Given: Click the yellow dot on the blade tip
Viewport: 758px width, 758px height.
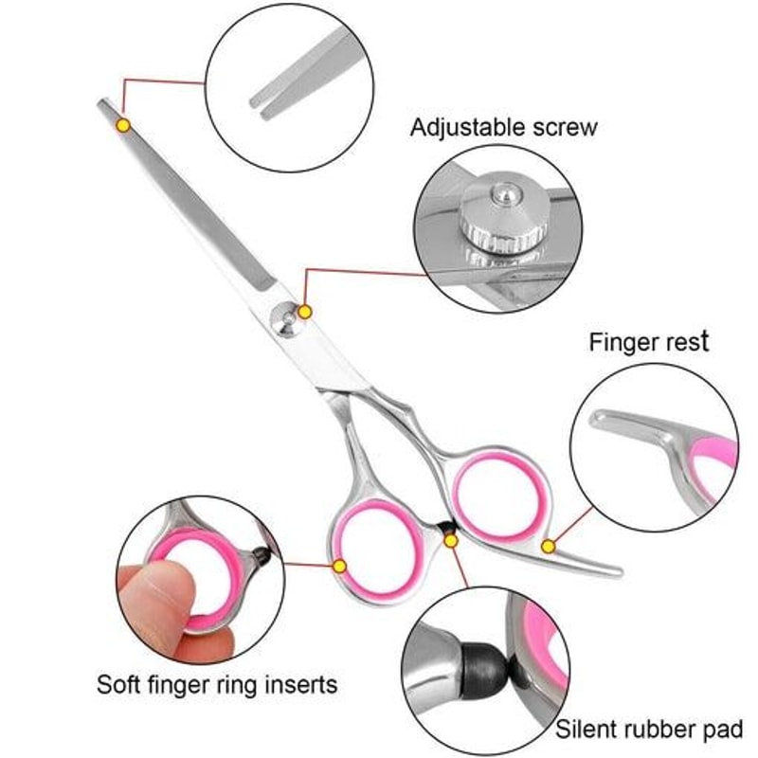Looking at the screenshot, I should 122,124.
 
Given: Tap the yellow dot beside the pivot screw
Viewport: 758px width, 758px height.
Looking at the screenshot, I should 305,311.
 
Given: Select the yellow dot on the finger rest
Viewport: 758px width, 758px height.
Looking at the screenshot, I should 548,546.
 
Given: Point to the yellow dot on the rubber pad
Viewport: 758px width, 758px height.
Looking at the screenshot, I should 451,540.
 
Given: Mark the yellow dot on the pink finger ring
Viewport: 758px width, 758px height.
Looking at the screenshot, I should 339,566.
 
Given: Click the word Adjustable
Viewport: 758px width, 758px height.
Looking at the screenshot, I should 464,127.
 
